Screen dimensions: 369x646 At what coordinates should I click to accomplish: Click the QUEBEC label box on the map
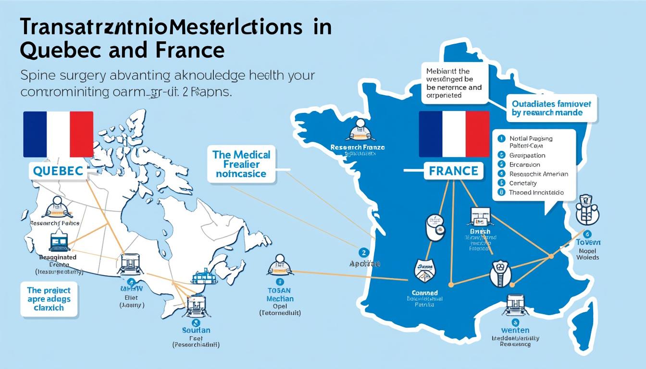tap(58, 170)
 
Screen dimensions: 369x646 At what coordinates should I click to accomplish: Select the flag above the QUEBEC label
tap(58, 134)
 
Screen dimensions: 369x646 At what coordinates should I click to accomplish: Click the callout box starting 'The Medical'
tap(242, 164)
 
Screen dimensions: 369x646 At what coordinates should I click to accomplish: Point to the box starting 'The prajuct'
tap(49, 299)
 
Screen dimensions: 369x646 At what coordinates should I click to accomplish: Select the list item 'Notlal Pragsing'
tap(531, 138)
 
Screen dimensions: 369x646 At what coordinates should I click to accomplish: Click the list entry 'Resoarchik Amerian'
tap(538, 174)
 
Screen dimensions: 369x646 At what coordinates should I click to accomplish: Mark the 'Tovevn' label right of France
tap(587, 242)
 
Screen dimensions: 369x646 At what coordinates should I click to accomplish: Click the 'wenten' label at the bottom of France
tap(515, 330)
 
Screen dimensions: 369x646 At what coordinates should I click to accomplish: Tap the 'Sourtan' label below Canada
tap(196, 331)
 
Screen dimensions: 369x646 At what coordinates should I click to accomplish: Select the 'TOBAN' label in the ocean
tap(280, 290)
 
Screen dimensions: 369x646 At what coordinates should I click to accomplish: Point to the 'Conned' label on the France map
tap(425, 293)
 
